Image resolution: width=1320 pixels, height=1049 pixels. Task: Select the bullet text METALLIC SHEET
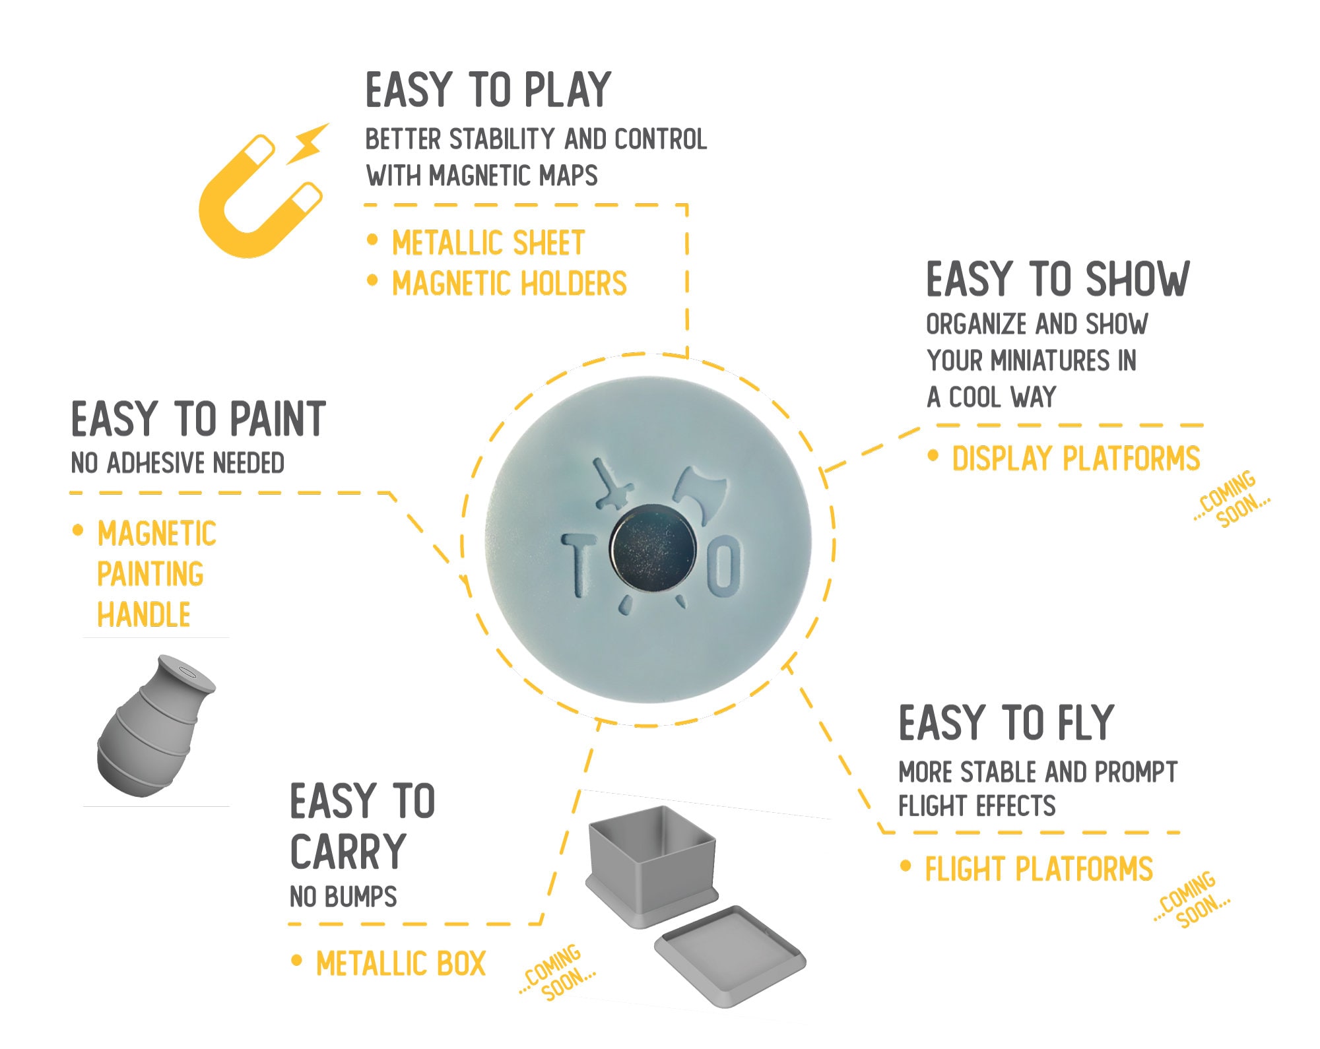488,243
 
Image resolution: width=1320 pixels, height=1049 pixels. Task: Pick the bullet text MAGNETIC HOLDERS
509,283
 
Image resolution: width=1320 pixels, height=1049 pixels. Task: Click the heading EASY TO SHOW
1058,278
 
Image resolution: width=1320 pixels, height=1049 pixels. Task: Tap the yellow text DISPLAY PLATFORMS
1076,458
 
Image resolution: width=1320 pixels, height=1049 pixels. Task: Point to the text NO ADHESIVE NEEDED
178,462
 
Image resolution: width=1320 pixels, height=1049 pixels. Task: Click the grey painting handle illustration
156,726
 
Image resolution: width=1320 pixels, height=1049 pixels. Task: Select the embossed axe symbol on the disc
700,495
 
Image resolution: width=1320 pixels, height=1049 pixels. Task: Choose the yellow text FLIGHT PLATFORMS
1039,869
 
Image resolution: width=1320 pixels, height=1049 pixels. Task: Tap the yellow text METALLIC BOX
401,963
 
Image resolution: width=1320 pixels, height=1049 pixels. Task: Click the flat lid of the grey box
730,955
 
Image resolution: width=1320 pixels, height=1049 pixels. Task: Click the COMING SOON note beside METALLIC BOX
556,972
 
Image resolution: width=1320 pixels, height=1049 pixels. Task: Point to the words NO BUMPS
343,897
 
